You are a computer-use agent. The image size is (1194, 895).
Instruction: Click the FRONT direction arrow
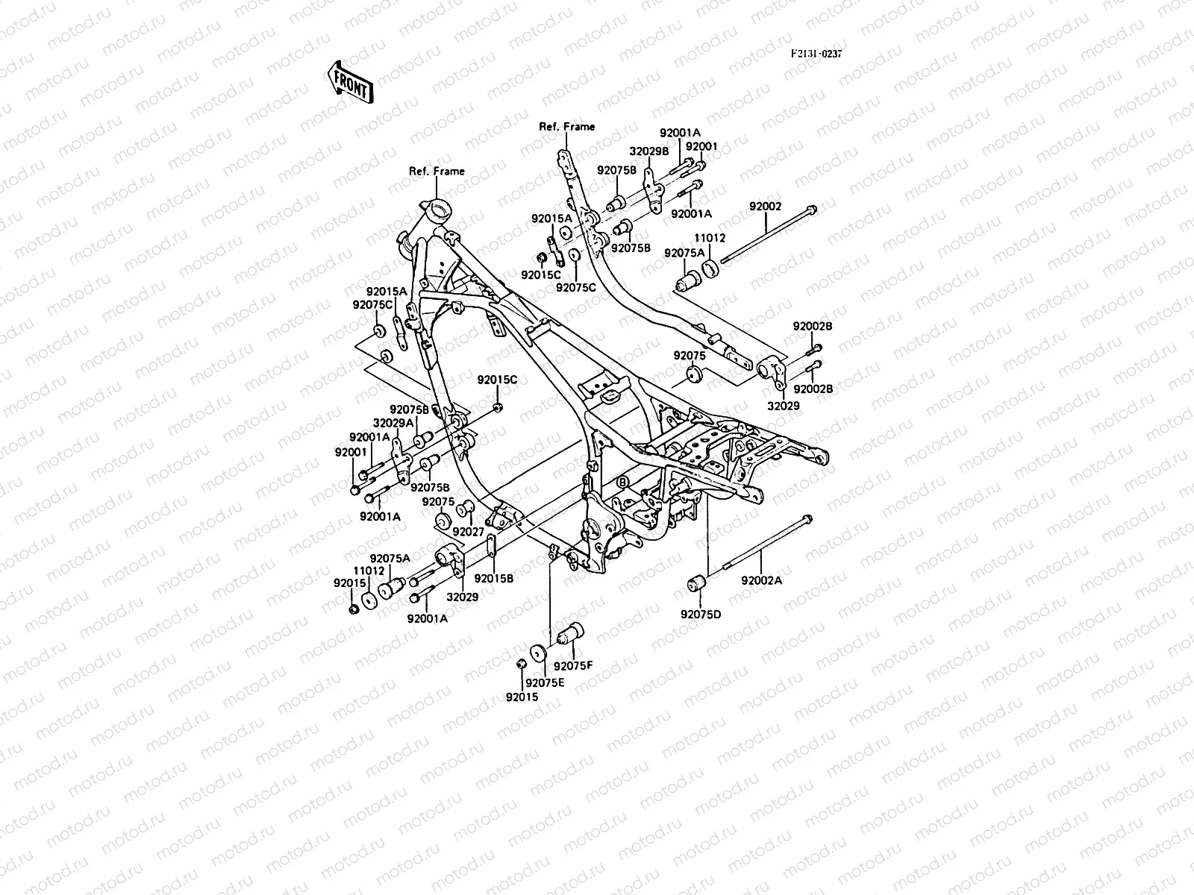coord(348,81)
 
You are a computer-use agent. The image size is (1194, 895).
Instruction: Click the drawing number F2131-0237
coord(822,54)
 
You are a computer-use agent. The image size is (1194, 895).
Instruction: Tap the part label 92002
coord(765,207)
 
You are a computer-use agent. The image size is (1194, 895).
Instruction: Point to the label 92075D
coord(701,615)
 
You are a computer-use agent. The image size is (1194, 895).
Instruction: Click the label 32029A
coord(393,423)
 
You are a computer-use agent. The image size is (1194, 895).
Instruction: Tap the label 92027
coord(468,532)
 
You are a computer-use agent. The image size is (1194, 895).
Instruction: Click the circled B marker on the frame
coord(622,483)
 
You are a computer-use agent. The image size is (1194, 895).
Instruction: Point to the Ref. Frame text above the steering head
coord(437,171)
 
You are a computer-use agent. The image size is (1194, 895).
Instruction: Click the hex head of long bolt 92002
coord(812,189)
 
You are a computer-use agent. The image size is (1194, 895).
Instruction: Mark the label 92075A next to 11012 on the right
coord(684,253)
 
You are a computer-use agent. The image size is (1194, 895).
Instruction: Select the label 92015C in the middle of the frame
coord(498,380)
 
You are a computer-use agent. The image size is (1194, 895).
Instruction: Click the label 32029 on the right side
coord(784,406)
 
